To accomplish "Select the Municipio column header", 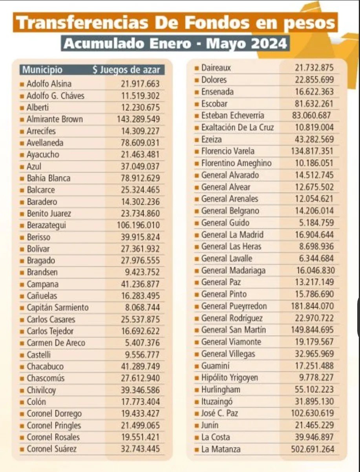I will pos(42,70).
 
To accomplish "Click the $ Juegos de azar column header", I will pos(126,70).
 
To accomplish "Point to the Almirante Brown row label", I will pos(55,119).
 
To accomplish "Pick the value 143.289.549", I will pos(138,119).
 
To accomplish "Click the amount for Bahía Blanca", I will pos(140,178).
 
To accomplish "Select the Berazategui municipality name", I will pos(46,225).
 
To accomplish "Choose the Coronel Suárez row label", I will pos(51,449).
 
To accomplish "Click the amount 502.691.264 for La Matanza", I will pos(312,449).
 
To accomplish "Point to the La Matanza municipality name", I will pos(221,449).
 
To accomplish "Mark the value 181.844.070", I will pos(312,306).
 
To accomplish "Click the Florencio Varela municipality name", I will pos(228,151).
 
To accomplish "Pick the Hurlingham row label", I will pos(221,390).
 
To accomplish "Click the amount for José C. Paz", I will pos(312,413).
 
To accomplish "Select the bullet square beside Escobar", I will pos(197,104).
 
